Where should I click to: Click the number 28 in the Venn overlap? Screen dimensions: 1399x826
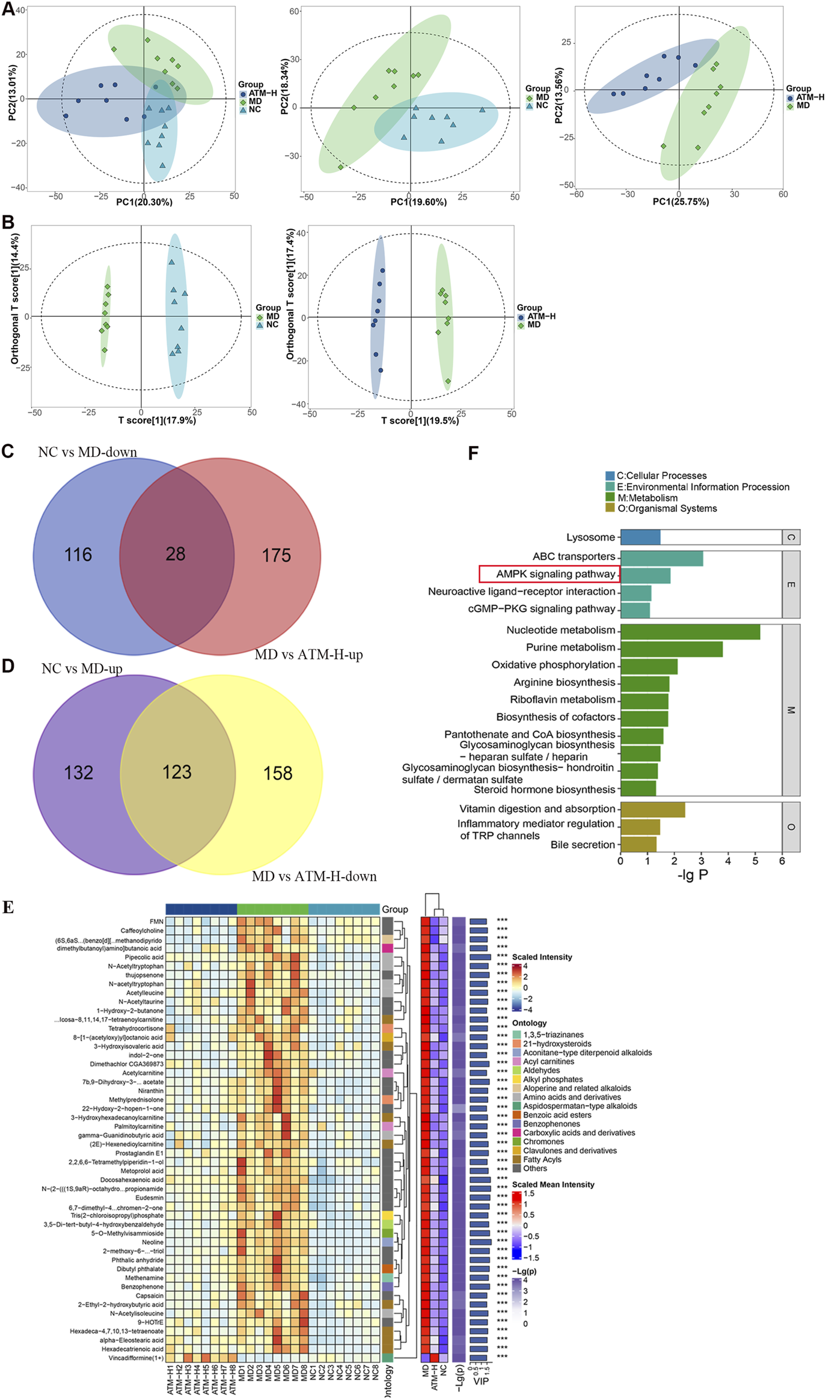click(x=176, y=554)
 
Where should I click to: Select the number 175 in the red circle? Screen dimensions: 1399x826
click(x=276, y=555)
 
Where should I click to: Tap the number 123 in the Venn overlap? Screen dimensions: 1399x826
click(x=177, y=772)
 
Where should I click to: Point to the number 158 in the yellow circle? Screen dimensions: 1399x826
click(x=278, y=773)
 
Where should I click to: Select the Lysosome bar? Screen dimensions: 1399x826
click(x=640, y=537)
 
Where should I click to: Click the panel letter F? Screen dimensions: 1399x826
click(x=473, y=453)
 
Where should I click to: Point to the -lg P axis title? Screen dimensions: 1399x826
click(x=693, y=875)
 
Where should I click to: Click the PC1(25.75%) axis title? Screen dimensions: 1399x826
click(x=681, y=202)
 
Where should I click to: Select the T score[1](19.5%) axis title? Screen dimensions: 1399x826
click(x=420, y=421)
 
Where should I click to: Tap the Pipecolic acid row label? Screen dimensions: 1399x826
click(x=144, y=957)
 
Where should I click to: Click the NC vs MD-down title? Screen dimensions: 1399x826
click(x=87, y=452)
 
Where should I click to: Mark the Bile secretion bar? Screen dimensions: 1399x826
click(x=638, y=845)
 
